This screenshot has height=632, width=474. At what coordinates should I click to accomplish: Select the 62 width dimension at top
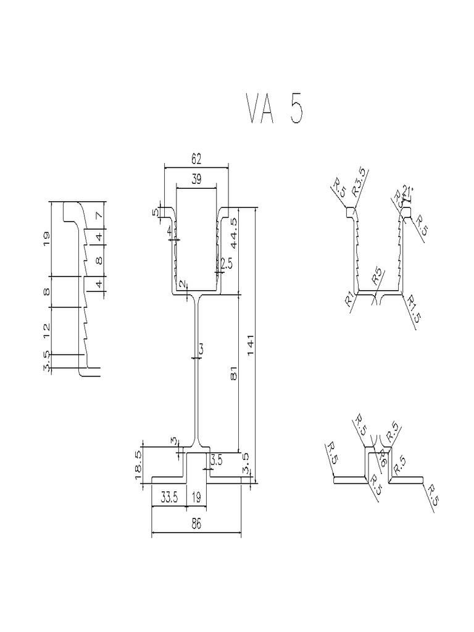(x=196, y=159)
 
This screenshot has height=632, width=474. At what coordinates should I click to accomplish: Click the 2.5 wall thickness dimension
(x=227, y=264)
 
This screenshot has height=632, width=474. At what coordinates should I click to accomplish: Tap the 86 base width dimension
(x=196, y=523)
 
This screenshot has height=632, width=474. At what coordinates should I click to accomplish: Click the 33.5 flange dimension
(x=170, y=498)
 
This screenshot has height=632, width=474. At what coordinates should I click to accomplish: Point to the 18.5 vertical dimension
(x=138, y=461)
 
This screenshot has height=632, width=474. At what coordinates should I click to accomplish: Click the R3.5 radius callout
(x=360, y=183)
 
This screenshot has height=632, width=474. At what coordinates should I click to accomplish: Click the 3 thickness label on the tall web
(x=201, y=349)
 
